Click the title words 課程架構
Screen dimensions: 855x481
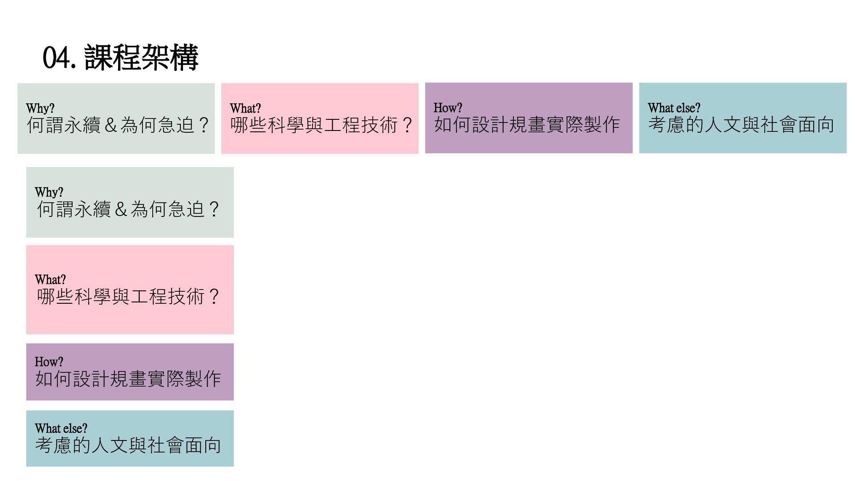click(141, 58)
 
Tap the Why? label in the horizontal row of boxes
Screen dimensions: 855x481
click(40, 108)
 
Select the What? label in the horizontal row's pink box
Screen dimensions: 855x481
click(245, 108)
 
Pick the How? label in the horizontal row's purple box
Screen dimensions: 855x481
click(448, 108)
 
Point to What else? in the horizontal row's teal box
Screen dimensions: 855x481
click(674, 108)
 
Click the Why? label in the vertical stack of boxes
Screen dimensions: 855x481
click(49, 192)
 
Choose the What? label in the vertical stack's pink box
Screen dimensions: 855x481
click(50, 280)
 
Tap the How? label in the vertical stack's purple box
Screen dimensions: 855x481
click(49, 362)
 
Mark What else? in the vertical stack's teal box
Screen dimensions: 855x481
click(61, 428)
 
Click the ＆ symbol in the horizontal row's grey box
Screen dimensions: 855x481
click(110, 125)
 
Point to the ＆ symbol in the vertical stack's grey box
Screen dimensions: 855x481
click(121, 209)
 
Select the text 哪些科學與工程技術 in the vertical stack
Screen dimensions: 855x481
click(120, 297)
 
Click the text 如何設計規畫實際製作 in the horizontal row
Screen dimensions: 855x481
click(527, 125)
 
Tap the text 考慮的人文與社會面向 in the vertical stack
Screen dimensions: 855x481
click(128, 445)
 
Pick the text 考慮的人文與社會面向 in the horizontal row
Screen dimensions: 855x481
click(741, 125)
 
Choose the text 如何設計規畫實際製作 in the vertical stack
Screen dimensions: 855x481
click(128, 379)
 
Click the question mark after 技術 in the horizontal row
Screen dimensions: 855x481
click(407, 125)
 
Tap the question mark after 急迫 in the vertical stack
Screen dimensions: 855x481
click(214, 209)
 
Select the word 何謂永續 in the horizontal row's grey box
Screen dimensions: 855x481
click(64, 125)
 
